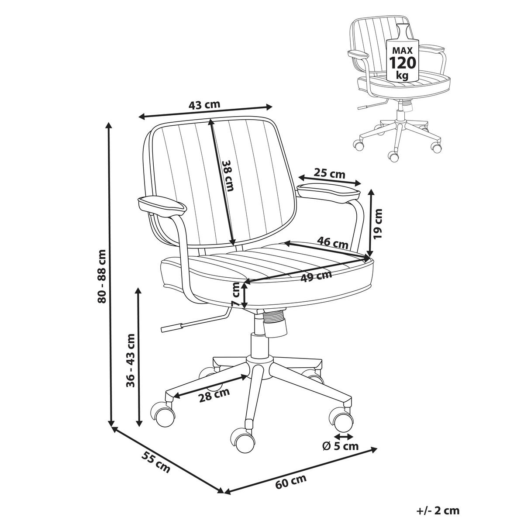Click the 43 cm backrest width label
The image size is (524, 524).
pyautogui.click(x=204, y=104)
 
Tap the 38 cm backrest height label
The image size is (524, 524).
pyautogui.click(x=228, y=176)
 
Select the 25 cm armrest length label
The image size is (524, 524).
pyautogui.click(x=329, y=173)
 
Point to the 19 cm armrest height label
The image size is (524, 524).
pyautogui.click(x=378, y=224)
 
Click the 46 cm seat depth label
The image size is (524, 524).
pyautogui.click(x=333, y=243)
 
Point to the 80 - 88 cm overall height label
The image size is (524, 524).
pyautogui.click(x=102, y=276)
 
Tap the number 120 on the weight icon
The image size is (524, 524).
pyautogui.click(x=403, y=63)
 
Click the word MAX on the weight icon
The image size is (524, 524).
pyautogui.click(x=403, y=50)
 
